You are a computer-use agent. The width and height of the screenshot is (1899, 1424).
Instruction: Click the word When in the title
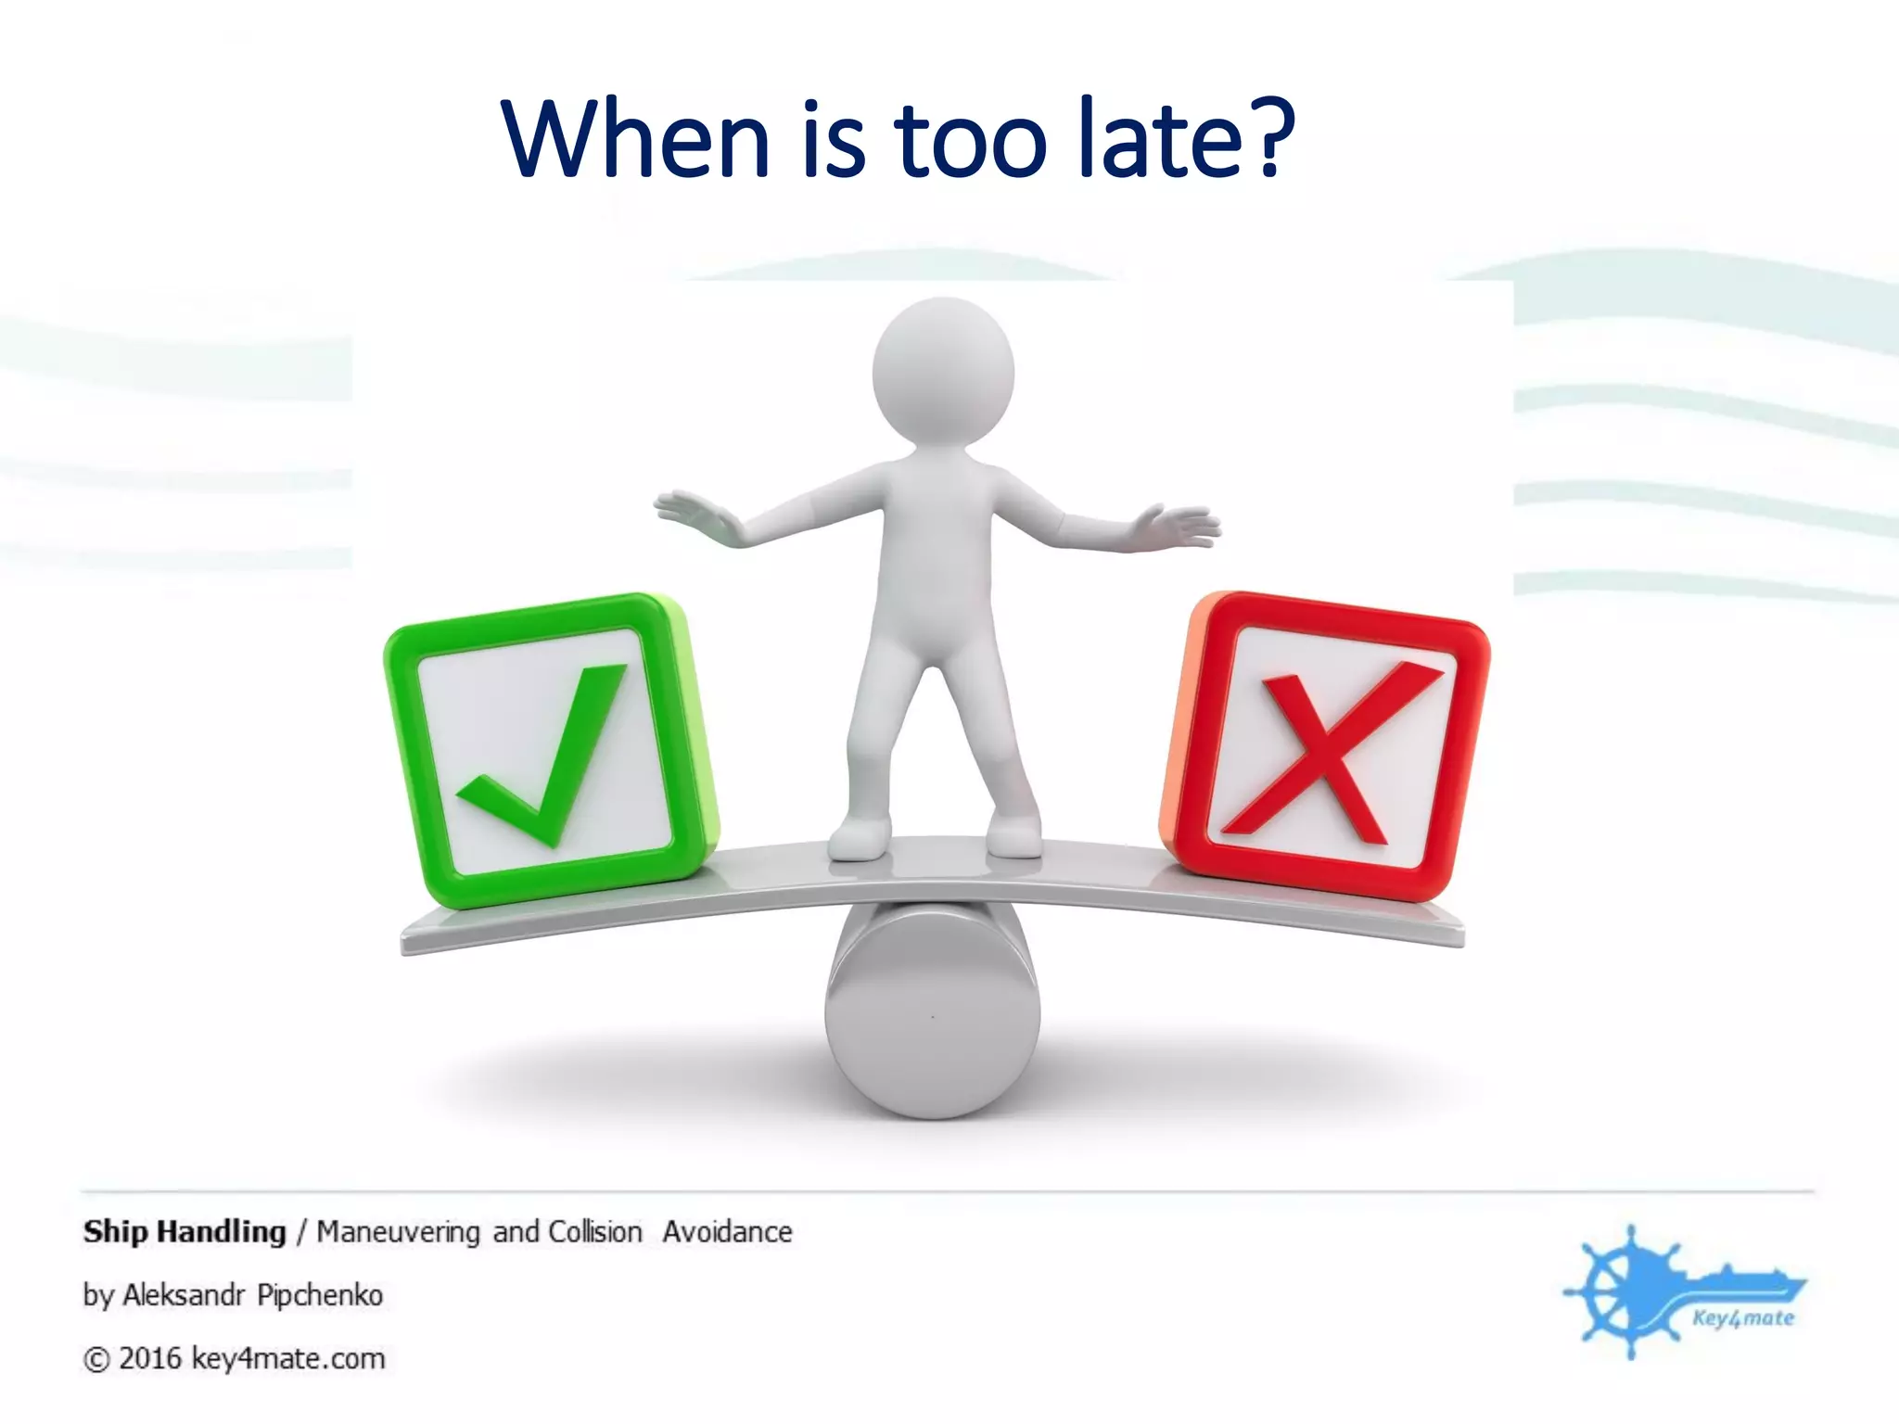click(x=636, y=139)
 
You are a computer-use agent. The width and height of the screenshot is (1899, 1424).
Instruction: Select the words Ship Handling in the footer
click(x=185, y=1232)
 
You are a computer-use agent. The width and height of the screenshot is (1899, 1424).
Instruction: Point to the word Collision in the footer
click(x=594, y=1232)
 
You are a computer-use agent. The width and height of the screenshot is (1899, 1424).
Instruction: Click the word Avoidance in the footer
click(x=727, y=1232)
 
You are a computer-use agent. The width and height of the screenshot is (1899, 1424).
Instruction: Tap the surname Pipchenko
click(x=320, y=1295)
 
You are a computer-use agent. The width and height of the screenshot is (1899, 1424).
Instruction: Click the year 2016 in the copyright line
click(x=149, y=1359)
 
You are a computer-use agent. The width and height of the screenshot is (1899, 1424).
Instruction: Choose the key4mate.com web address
click(x=287, y=1359)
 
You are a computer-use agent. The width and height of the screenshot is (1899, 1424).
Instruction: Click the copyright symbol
click(x=96, y=1360)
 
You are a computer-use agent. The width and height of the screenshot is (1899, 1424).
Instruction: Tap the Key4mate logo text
click(x=1742, y=1318)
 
